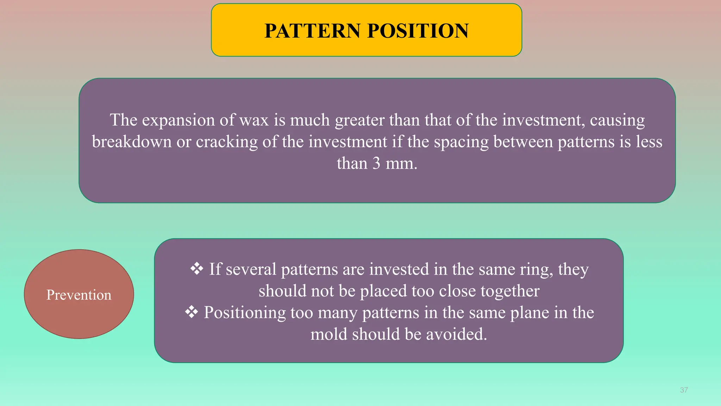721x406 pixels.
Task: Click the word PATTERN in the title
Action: point(313,31)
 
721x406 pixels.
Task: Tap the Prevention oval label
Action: point(79,295)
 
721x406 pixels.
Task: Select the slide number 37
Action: point(684,390)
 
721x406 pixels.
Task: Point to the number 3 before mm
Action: point(376,164)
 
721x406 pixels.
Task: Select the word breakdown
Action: point(132,142)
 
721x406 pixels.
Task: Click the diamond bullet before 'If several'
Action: point(197,269)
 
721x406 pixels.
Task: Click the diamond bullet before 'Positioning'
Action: point(192,312)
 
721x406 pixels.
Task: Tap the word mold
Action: point(328,334)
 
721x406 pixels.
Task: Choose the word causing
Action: point(617,121)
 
